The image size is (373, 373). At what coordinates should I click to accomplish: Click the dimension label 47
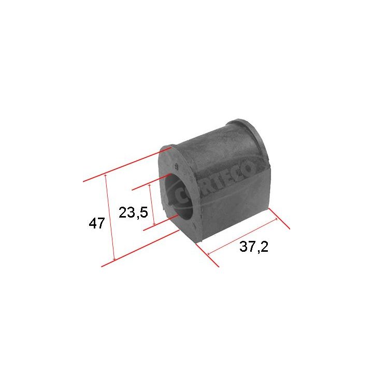point(97,224)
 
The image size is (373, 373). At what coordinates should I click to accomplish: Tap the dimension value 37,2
point(254,248)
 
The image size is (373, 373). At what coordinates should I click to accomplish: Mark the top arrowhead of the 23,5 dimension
point(149,185)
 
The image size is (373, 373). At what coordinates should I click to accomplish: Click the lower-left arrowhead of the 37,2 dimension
point(209,254)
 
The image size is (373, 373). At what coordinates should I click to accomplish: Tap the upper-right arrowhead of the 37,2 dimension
point(277,219)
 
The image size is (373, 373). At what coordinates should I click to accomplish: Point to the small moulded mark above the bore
point(176,167)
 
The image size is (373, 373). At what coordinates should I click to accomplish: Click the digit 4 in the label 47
point(93,224)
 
